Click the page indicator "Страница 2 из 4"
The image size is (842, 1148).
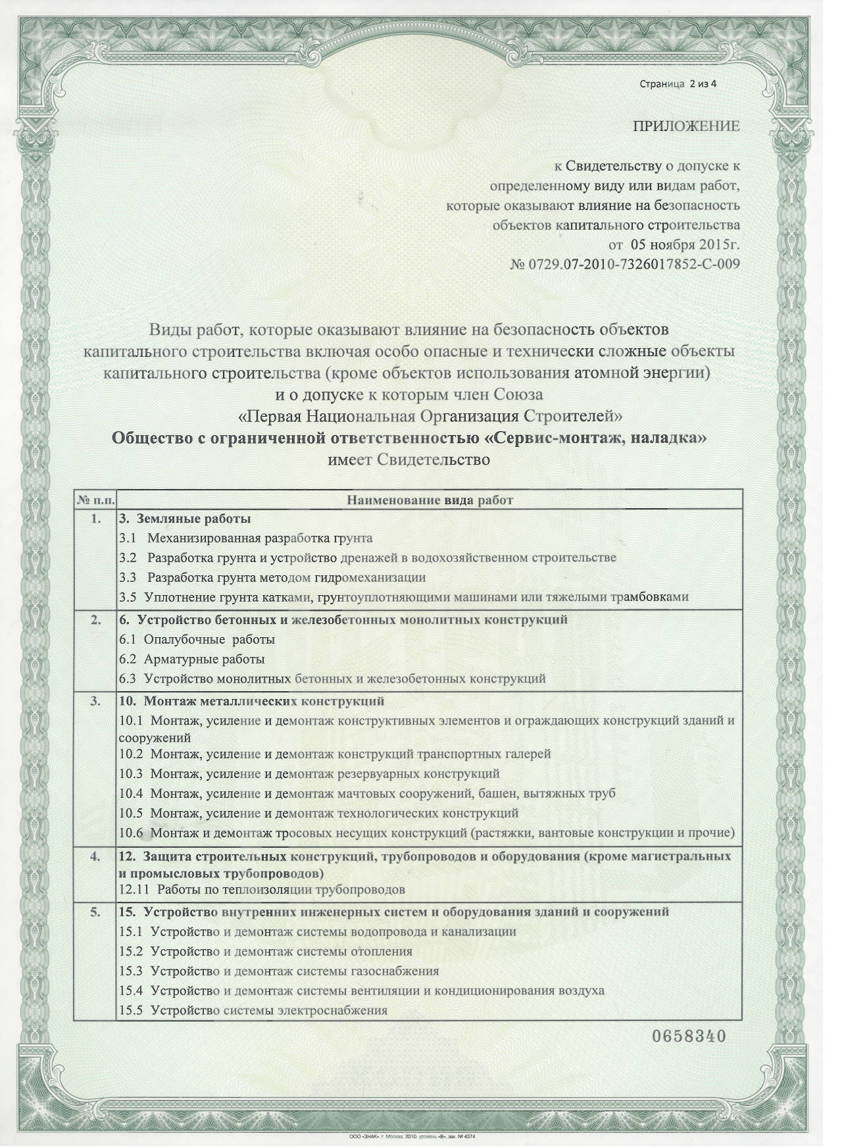pyautogui.click(x=677, y=84)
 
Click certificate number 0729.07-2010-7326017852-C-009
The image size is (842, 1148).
pyautogui.click(x=624, y=265)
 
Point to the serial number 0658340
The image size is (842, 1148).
pyautogui.click(x=688, y=1037)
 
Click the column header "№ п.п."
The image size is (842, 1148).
pyautogui.click(x=96, y=500)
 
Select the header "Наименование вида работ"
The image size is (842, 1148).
pyautogui.click(x=430, y=500)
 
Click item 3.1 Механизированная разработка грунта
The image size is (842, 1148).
pyautogui.click(x=246, y=538)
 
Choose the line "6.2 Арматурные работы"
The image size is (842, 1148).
pyautogui.click(x=192, y=659)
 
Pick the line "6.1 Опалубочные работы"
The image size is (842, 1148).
pyautogui.click(x=197, y=639)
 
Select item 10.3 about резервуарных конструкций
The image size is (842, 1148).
pyautogui.click(x=309, y=773)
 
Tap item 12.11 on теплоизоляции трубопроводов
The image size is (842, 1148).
pyautogui.click(x=262, y=891)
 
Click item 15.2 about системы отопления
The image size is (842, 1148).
pyautogui.click(x=266, y=951)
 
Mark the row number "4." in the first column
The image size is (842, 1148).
pyautogui.click(x=96, y=856)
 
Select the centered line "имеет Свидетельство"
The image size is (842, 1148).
pyautogui.click(x=409, y=459)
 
